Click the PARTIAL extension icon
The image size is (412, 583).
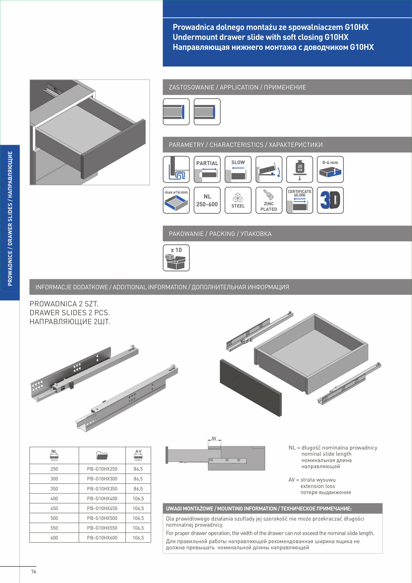(x=207, y=169)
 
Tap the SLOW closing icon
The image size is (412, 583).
(x=238, y=169)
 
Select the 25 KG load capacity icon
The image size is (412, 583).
(x=300, y=169)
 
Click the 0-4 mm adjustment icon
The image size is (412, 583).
(x=330, y=169)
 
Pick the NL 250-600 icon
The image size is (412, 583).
(x=207, y=200)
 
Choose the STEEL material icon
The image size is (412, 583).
(x=238, y=200)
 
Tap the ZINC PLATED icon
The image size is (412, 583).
(x=269, y=200)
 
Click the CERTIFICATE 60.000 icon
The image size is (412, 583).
(x=300, y=200)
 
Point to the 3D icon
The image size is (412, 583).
(x=330, y=200)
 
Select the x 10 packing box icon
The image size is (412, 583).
(x=176, y=258)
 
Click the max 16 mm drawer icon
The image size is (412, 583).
(x=176, y=200)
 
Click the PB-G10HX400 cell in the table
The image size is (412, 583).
(x=102, y=498)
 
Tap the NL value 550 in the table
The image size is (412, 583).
(x=54, y=528)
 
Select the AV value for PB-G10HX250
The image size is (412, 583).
(x=138, y=469)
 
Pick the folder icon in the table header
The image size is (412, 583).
(x=102, y=455)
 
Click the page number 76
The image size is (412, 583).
(x=34, y=572)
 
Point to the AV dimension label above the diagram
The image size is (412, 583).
(x=214, y=438)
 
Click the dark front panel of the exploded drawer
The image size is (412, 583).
(x=251, y=388)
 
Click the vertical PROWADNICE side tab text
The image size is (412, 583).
(x=10, y=219)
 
